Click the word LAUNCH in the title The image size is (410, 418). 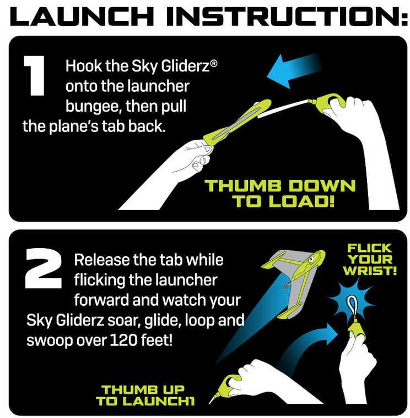point(82,16)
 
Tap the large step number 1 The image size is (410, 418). point(34,75)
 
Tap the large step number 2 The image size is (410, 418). point(44,268)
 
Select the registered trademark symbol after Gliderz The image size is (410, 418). point(214,64)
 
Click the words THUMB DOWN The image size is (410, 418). point(280,185)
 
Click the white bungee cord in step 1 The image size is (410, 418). point(284,109)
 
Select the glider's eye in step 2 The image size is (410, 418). point(311,258)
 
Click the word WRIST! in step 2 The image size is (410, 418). point(370,271)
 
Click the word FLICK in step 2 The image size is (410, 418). point(369,248)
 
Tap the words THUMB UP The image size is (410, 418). point(143,389)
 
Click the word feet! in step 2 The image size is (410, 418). point(157,340)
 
